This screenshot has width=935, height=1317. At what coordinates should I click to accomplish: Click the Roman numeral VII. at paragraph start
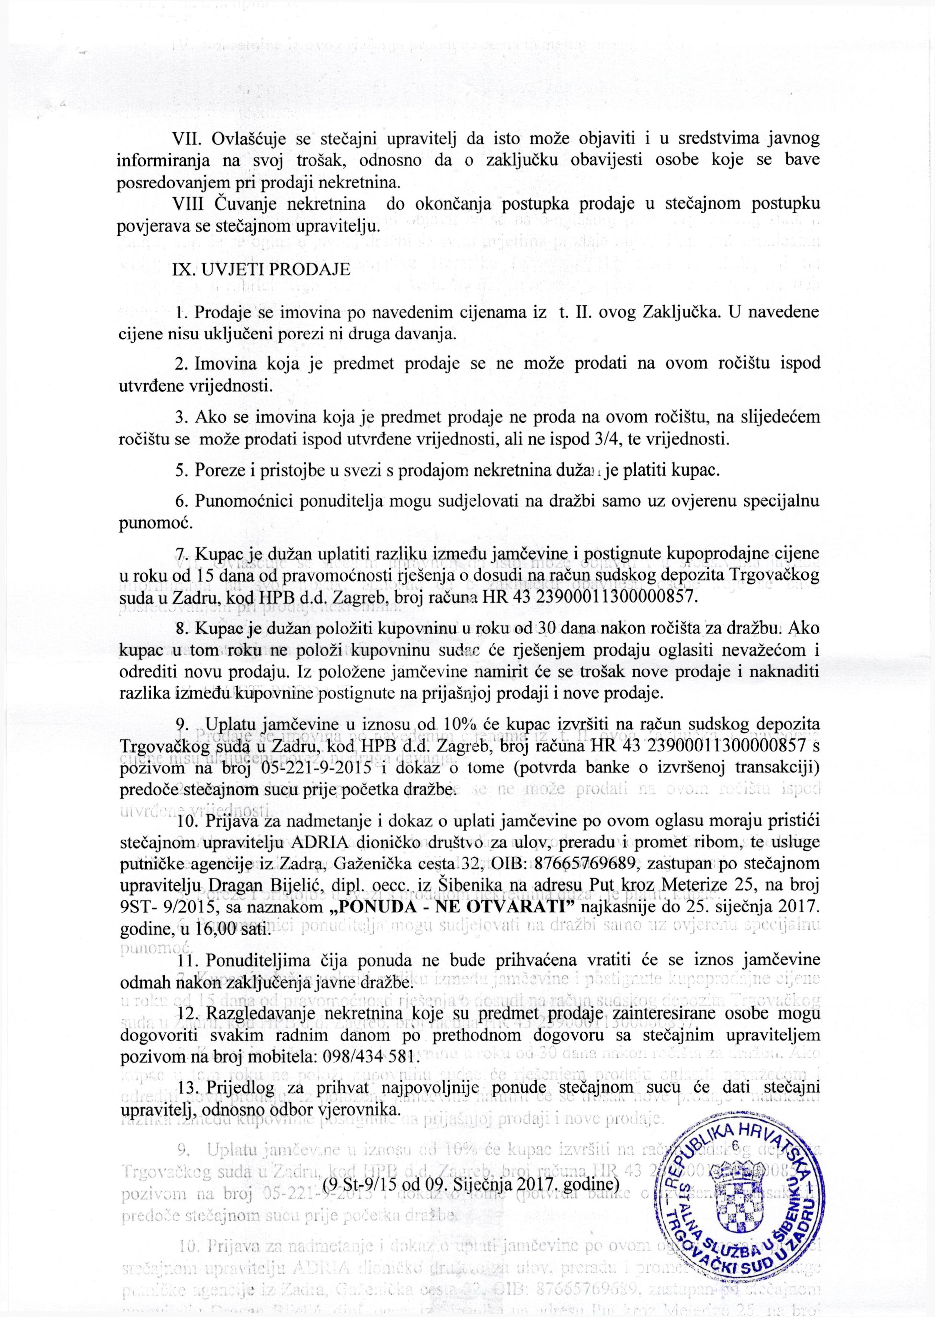point(187,139)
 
